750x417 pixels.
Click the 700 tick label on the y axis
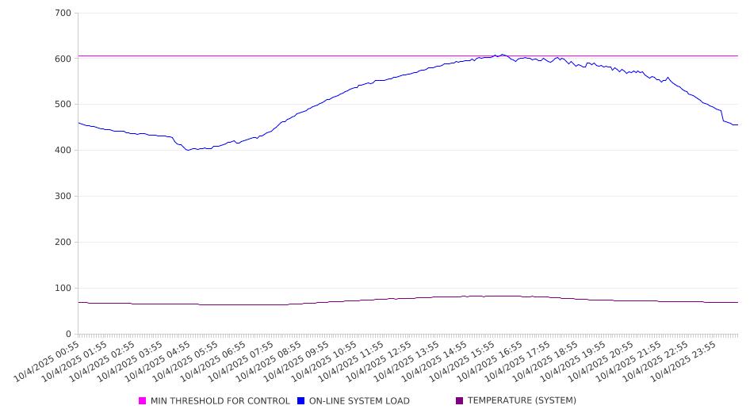pyautogui.click(x=63, y=13)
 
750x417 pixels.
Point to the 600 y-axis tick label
pyautogui.click(x=63, y=59)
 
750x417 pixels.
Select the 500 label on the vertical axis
pyautogui.click(x=63, y=105)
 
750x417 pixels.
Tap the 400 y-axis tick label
pyautogui.click(x=63, y=151)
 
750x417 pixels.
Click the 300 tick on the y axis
pyautogui.click(x=63, y=197)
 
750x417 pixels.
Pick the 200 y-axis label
pyautogui.click(x=63, y=243)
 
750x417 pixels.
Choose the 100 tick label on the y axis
pyautogui.click(x=63, y=289)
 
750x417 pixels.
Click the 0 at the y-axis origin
pyautogui.click(x=69, y=334)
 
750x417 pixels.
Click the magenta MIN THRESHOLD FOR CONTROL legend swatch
pyautogui.click(x=143, y=401)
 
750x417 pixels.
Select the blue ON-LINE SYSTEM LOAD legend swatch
pyautogui.click(x=301, y=401)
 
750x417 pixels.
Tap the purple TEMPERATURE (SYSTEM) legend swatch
pyautogui.click(x=459, y=401)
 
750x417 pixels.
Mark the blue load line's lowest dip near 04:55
pyautogui.click(x=189, y=150)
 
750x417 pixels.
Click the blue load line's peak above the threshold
pyautogui.click(x=502, y=55)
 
